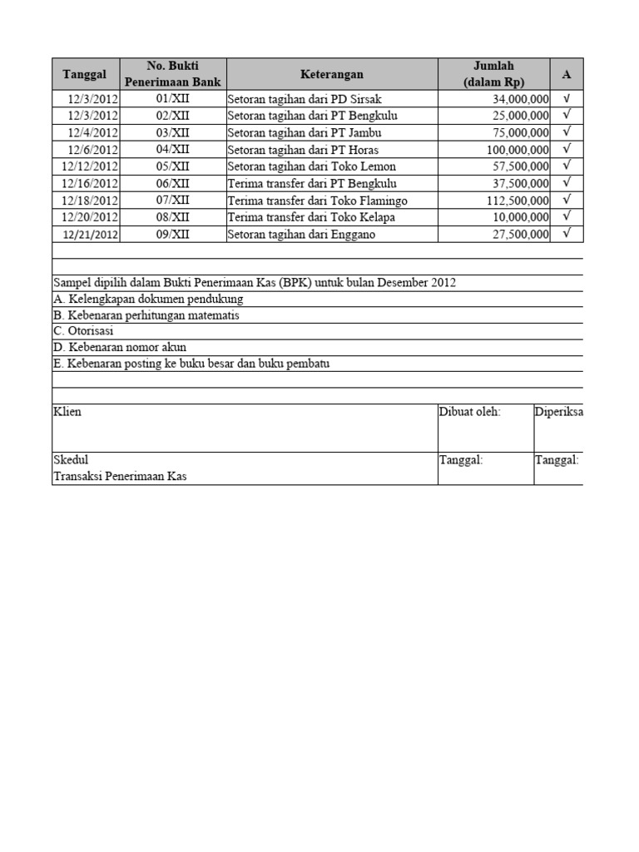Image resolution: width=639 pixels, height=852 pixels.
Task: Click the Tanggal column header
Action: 85,74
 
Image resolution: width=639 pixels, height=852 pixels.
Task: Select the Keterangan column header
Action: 331,74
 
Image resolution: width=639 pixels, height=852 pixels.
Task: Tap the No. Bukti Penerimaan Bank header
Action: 172,74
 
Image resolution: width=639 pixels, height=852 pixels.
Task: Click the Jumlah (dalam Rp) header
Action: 493,74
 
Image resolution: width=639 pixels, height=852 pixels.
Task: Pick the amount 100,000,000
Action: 518,150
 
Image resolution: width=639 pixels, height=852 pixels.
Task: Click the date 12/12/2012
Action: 90,166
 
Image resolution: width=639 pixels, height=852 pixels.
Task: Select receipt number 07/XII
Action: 173,201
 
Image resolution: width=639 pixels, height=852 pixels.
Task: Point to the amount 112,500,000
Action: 518,201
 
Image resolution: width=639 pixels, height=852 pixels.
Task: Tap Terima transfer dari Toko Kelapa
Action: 310,217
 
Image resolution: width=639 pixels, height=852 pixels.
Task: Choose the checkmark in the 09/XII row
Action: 567,234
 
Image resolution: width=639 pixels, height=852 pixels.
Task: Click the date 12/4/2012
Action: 93,132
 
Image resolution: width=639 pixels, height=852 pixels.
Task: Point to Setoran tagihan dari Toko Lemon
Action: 311,166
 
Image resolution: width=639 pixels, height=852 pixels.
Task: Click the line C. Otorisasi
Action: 83,331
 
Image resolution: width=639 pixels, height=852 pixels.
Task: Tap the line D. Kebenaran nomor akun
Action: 120,347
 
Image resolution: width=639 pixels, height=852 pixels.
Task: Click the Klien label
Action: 67,412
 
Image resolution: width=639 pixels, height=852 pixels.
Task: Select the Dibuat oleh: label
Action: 471,412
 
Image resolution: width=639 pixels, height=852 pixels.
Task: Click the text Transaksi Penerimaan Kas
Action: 120,476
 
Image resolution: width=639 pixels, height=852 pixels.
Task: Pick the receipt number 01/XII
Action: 173,99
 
